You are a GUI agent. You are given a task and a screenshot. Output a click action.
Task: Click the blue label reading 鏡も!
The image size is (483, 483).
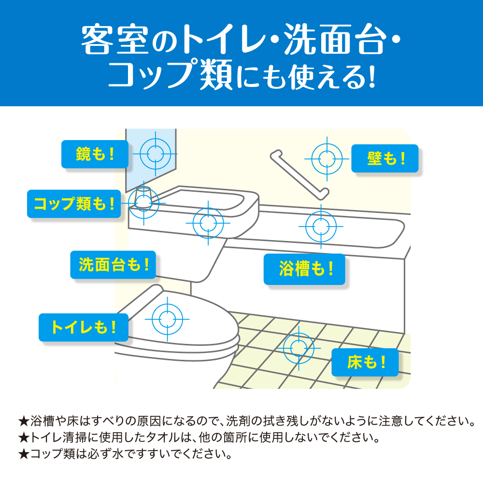(95, 154)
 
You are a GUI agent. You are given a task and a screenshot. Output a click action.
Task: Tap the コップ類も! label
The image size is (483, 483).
(74, 204)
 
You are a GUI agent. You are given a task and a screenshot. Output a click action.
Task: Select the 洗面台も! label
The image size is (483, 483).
(113, 265)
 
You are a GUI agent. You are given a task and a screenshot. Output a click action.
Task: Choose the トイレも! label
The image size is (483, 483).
(84, 327)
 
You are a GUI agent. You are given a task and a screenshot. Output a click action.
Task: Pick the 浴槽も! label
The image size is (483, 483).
(304, 269)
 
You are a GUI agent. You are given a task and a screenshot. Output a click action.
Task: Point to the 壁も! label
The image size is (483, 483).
(385, 158)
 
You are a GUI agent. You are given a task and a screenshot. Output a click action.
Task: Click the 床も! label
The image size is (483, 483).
(365, 362)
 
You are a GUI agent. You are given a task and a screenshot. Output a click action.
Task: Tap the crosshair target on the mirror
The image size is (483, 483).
(155, 154)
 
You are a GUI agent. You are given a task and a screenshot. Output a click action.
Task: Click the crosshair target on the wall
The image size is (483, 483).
(327, 159)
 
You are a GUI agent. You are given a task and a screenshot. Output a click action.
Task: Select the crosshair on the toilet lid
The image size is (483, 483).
(167, 319)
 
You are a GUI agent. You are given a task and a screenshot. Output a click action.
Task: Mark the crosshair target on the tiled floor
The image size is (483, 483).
(298, 348)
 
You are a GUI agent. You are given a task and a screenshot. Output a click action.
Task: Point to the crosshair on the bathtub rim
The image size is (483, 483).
(321, 227)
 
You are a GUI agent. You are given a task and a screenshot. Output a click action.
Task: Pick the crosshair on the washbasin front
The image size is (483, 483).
(208, 223)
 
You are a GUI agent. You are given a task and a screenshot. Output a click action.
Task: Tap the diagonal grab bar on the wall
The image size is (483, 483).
(299, 175)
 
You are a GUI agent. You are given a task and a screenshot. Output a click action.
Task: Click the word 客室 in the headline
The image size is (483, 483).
(114, 40)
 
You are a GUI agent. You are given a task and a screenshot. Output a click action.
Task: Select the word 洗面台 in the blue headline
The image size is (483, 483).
(335, 40)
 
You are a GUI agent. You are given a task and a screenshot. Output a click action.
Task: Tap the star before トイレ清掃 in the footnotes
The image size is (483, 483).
(23, 438)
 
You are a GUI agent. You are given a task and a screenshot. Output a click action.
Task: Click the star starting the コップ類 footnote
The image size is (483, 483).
(23, 454)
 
